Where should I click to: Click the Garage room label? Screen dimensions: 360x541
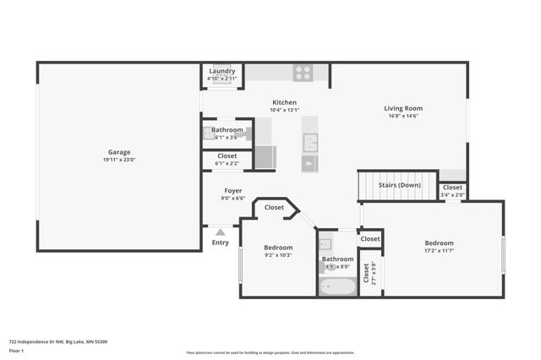point(118,152)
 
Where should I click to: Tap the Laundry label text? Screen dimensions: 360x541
point(222,71)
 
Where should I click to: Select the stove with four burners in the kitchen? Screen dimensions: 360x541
point(303,74)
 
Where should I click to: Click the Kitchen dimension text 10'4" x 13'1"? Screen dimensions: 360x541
point(284,110)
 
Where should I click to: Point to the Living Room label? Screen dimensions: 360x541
point(403,108)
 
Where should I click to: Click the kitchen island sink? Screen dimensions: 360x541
point(310,141)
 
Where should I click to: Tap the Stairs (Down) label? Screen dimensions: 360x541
point(399,184)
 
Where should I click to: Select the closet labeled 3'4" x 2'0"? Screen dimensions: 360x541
point(452,191)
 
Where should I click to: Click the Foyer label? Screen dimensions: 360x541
point(233,191)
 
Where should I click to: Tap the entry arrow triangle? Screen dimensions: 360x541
point(220,231)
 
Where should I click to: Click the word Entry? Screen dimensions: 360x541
point(220,243)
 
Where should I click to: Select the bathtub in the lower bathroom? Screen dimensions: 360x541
point(337,286)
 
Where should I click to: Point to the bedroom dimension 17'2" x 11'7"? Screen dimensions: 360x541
point(439,250)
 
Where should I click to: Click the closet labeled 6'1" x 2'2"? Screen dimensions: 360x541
point(227,160)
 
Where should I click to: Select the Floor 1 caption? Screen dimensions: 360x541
point(17,351)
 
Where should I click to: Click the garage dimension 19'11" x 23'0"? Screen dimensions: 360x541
point(118,160)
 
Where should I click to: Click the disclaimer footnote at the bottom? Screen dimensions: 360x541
point(270,352)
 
